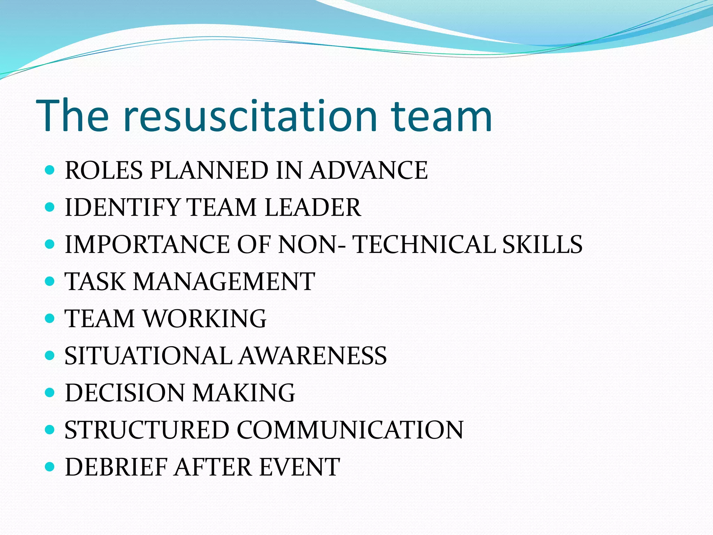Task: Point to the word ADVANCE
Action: click(369, 170)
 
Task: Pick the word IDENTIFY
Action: click(122, 208)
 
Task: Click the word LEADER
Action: click(313, 208)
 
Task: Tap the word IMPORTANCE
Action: click(147, 245)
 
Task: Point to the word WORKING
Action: click(205, 319)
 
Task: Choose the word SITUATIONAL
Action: click(148, 356)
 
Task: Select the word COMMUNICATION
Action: click(350, 430)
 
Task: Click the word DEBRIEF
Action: click(116, 467)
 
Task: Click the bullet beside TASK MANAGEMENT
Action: click(50, 281)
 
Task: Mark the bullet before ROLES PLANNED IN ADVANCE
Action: click(50, 170)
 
